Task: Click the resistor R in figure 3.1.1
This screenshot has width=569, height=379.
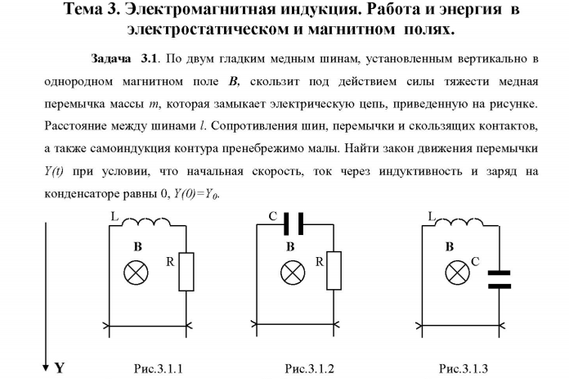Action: point(186,272)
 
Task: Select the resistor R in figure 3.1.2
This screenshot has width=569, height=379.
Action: point(334,271)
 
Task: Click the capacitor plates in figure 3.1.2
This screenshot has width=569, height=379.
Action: point(293,223)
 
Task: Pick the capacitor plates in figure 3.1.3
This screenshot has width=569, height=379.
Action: point(500,279)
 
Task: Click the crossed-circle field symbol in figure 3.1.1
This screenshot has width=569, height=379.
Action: point(136,273)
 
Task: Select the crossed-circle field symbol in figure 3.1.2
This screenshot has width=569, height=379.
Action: point(293,273)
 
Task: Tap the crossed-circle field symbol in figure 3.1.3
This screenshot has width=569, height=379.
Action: point(458,273)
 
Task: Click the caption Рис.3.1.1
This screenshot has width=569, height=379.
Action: point(159,369)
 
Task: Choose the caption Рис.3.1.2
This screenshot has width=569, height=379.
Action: point(309,369)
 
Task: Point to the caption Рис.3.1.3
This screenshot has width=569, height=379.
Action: point(464,369)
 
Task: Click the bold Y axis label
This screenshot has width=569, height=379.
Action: point(60,368)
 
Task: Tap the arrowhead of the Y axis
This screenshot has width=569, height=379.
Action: point(46,368)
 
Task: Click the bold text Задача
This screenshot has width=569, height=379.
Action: point(110,59)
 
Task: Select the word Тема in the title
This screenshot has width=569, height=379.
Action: point(83,9)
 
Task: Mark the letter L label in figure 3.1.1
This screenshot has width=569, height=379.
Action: point(114,217)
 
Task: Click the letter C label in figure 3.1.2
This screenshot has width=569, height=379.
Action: point(273,217)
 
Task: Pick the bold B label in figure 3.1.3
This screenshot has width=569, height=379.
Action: point(450,246)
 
